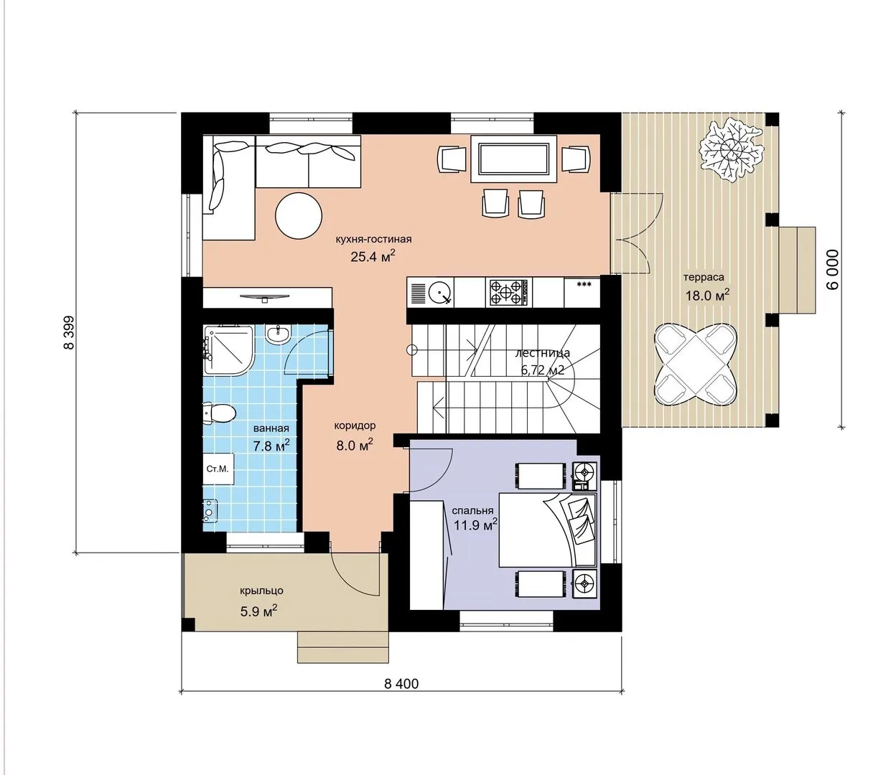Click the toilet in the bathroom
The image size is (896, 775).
(218, 413)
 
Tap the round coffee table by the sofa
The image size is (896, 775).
(299, 215)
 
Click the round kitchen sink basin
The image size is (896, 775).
(439, 293)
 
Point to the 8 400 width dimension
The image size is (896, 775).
(401, 684)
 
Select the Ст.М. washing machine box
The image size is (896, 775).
(218, 469)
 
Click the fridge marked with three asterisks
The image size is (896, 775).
(583, 292)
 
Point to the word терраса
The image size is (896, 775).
(704, 277)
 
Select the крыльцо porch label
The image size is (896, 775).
(262, 591)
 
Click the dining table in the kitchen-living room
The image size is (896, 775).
(513, 159)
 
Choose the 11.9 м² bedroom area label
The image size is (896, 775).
(475, 525)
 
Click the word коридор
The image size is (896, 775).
(355, 426)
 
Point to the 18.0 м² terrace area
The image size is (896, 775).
(707, 296)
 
